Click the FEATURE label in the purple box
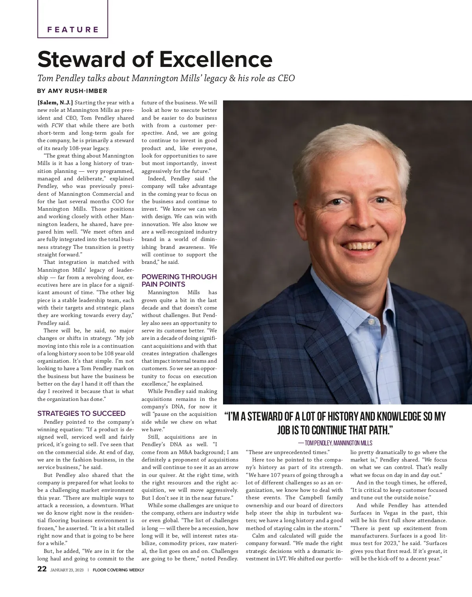(x=73, y=30)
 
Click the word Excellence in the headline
(x=216, y=59)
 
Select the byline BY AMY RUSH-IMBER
(x=73, y=91)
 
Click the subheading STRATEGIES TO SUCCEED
(x=81, y=413)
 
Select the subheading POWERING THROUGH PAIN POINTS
(x=179, y=280)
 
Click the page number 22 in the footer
(x=42, y=569)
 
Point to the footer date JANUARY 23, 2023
(x=67, y=570)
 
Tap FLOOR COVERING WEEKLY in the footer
(x=118, y=570)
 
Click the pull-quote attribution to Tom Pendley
(x=335, y=443)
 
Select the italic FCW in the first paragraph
(x=57, y=126)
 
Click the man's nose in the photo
(x=356, y=223)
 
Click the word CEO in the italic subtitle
(x=286, y=78)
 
